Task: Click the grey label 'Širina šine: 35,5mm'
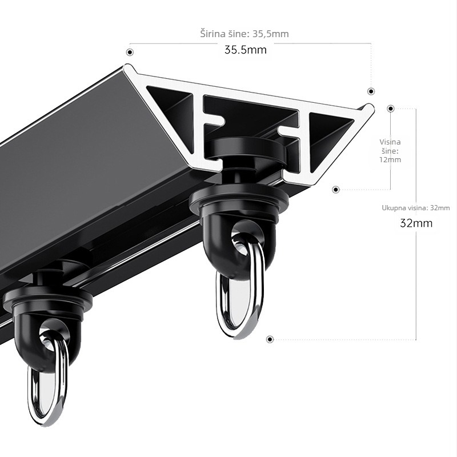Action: tap(244, 34)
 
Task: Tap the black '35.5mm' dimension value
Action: tap(246, 50)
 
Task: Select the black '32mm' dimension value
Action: tap(416, 223)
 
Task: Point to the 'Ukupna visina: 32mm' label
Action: tap(416, 208)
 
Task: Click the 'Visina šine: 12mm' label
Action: tap(390, 151)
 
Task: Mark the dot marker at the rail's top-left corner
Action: tap(130, 52)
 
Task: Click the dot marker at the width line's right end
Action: tap(371, 91)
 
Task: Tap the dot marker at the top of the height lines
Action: tap(391, 109)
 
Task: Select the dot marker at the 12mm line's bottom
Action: tap(336, 190)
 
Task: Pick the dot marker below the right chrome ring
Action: tap(270, 339)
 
